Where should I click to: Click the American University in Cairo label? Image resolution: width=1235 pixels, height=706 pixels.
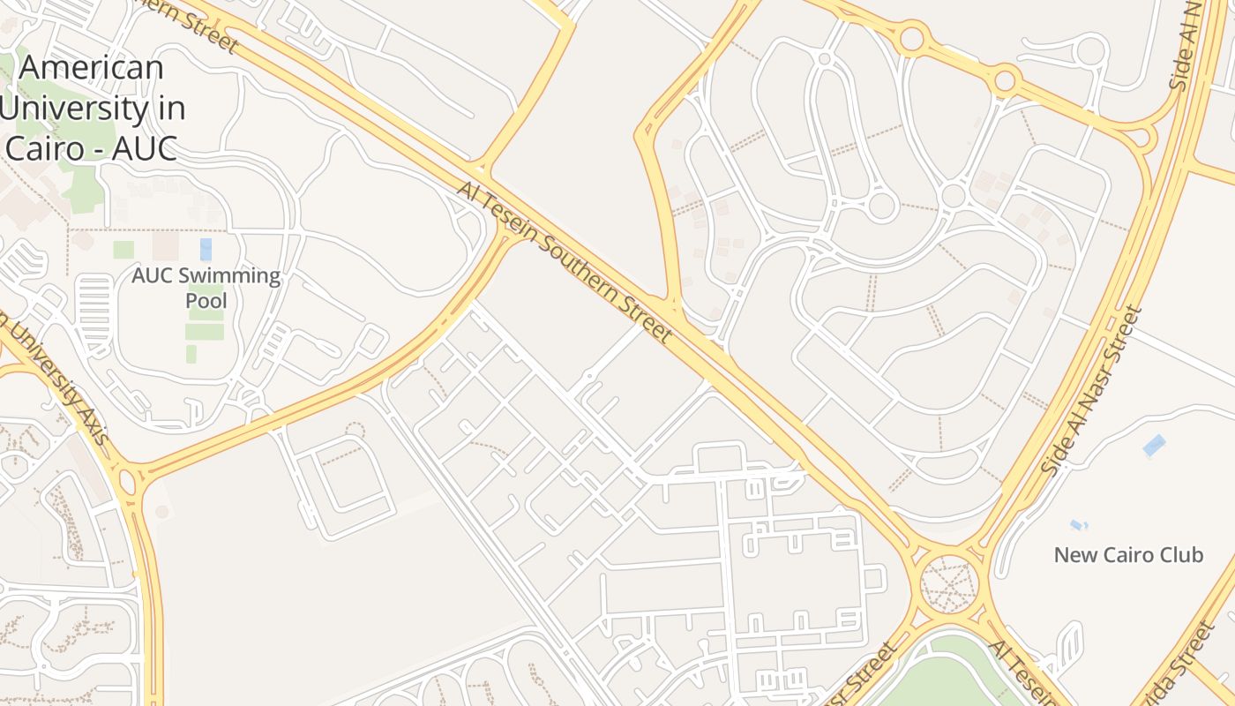pos(93,108)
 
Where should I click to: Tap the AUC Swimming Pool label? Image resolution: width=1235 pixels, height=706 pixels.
pos(206,288)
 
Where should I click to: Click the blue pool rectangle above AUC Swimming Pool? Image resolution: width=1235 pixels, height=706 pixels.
pos(206,249)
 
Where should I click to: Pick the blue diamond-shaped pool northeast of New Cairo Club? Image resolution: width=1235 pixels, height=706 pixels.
pos(1154,446)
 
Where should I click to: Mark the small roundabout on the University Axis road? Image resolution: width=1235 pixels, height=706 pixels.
pos(126,482)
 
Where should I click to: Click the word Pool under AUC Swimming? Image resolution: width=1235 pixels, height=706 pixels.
pos(206,301)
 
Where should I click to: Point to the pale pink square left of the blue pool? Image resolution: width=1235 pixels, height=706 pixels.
pos(165,245)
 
